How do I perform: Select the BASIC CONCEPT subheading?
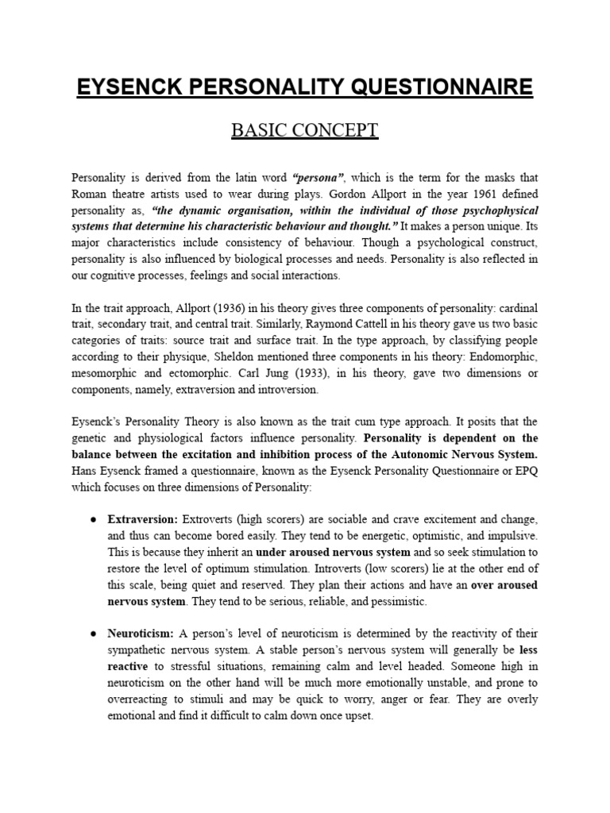[305, 130]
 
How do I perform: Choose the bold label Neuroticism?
[141, 634]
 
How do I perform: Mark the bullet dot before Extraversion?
[93, 519]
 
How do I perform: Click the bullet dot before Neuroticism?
[93, 634]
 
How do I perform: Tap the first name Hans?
[84, 471]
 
